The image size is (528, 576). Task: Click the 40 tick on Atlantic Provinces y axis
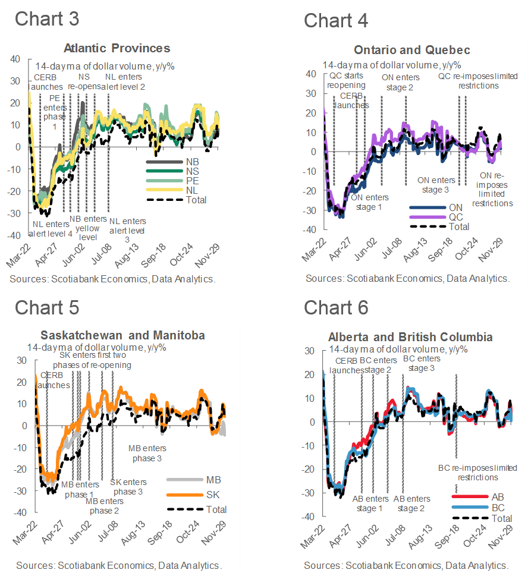tap(15, 59)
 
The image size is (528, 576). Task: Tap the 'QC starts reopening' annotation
tap(347, 81)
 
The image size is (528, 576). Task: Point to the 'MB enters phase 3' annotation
tap(147, 453)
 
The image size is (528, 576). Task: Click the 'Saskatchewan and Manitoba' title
tap(122, 335)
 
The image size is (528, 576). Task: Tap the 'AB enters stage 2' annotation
tap(412, 503)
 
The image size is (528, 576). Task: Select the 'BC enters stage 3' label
tap(422, 363)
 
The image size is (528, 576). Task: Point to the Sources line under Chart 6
tap(406, 565)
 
